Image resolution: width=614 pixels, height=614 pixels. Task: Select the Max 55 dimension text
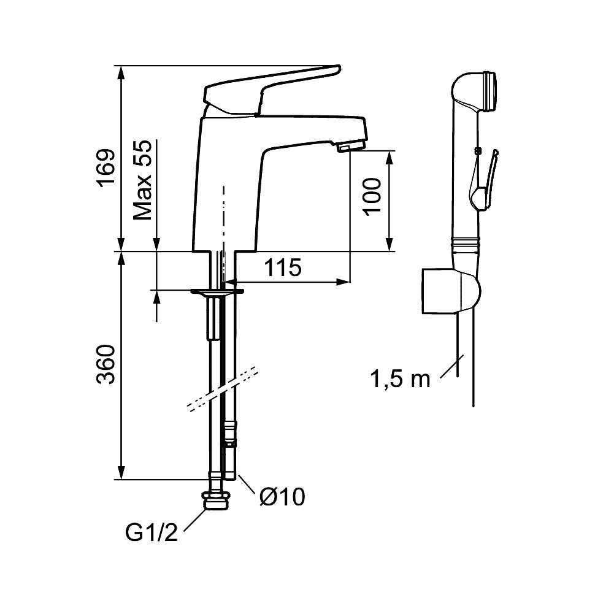tap(142, 180)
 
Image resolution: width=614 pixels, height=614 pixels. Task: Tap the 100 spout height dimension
tap(372, 196)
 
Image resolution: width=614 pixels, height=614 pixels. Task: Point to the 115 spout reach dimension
tap(283, 267)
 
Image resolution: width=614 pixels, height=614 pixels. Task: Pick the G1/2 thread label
tap(152, 532)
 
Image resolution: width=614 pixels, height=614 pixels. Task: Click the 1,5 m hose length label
tap(400, 379)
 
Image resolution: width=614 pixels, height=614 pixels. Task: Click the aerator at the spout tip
tap(350, 147)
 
